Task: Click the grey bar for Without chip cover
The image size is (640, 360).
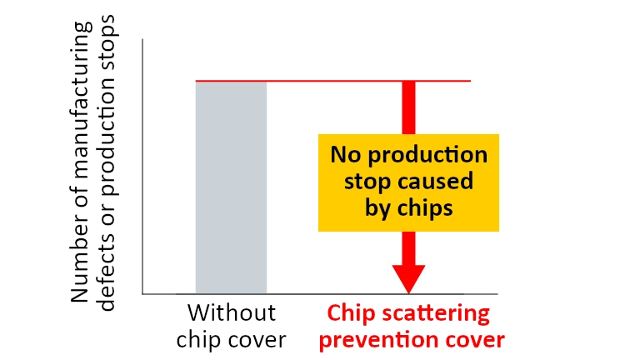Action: click(x=231, y=187)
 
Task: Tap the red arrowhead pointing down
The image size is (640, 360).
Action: click(x=408, y=279)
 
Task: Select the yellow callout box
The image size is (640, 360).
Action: click(x=408, y=182)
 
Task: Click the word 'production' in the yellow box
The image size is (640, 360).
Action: click(x=427, y=156)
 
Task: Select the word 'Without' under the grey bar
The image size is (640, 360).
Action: click(x=232, y=313)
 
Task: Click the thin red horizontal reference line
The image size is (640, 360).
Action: click(x=333, y=81)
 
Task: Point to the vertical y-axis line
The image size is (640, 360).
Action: click(x=142, y=167)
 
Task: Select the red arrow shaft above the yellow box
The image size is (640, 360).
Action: click(x=408, y=107)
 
